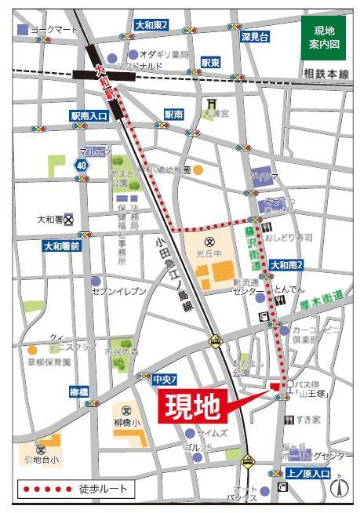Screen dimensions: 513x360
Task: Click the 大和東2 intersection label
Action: coord(151,26)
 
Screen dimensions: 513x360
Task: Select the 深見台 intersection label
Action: coord(255,37)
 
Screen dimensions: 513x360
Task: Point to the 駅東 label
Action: coord(210,62)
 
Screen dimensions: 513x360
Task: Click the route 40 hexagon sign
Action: coord(82,166)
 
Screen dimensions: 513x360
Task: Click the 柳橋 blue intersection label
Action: coord(78,391)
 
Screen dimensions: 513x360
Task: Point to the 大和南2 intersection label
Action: coord(287,267)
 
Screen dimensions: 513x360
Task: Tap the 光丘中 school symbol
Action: coord(209,241)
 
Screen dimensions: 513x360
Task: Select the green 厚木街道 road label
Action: coord(322,293)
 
